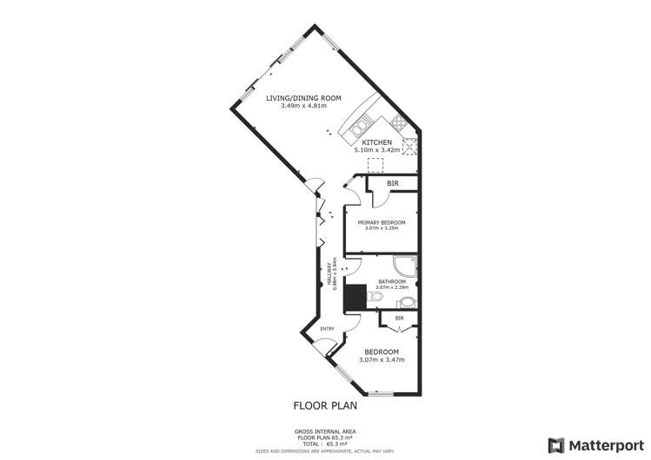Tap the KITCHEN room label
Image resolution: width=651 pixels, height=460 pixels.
click(377, 142)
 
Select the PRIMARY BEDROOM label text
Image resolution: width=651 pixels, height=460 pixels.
click(382, 223)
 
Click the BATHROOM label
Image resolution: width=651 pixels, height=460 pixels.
click(391, 282)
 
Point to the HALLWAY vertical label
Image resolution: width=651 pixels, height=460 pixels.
click(329, 276)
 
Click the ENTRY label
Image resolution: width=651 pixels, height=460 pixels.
click(328, 328)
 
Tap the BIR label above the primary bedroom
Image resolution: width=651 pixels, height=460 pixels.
click(393, 184)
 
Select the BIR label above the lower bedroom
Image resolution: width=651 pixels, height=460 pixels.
click(399, 319)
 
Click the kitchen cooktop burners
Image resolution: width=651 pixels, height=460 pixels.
click(400, 122)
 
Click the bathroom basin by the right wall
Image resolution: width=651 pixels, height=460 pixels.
click(406, 303)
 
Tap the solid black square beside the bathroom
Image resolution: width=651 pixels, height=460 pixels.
click(355, 296)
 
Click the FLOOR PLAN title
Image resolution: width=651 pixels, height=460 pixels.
click(325, 405)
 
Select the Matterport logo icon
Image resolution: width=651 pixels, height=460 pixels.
click(554, 445)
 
